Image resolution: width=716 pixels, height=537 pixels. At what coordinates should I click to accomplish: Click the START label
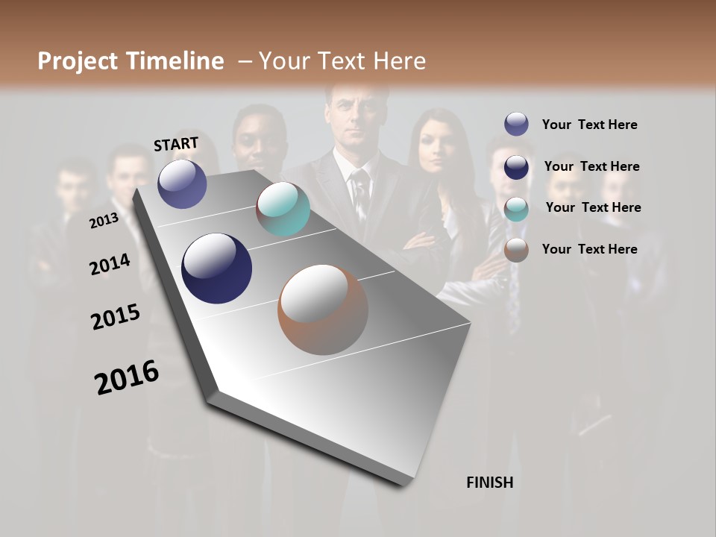(x=176, y=144)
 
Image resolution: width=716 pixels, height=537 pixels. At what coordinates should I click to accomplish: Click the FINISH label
(x=489, y=483)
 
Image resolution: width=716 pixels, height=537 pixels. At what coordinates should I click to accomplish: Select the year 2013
(x=104, y=221)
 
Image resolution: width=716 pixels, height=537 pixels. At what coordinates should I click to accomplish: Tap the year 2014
(x=110, y=265)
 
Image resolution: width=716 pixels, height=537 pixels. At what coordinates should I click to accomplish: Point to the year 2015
(x=116, y=317)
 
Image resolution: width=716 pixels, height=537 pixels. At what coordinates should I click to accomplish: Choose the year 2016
(x=127, y=377)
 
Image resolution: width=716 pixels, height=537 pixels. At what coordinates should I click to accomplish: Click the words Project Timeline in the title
(x=131, y=61)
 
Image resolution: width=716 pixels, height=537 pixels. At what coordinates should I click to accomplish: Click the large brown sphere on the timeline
(x=323, y=310)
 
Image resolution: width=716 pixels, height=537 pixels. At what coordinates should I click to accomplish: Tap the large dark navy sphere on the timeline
(x=216, y=268)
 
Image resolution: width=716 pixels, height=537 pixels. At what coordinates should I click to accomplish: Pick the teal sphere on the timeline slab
(x=283, y=209)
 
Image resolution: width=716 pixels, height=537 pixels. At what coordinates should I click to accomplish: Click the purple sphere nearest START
(x=182, y=183)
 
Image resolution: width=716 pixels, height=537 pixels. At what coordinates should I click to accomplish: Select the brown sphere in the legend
(x=516, y=250)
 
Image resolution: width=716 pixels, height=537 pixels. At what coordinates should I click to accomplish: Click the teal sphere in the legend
(x=516, y=209)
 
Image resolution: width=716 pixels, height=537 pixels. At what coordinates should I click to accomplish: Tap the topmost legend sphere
(x=516, y=125)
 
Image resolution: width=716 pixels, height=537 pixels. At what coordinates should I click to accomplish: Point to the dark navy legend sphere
(x=516, y=167)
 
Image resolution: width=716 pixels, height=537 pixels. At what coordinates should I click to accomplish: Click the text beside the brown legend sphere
(x=589, y=249)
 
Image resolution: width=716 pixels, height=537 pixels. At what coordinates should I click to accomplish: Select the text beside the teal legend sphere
(x=593, y=207)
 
